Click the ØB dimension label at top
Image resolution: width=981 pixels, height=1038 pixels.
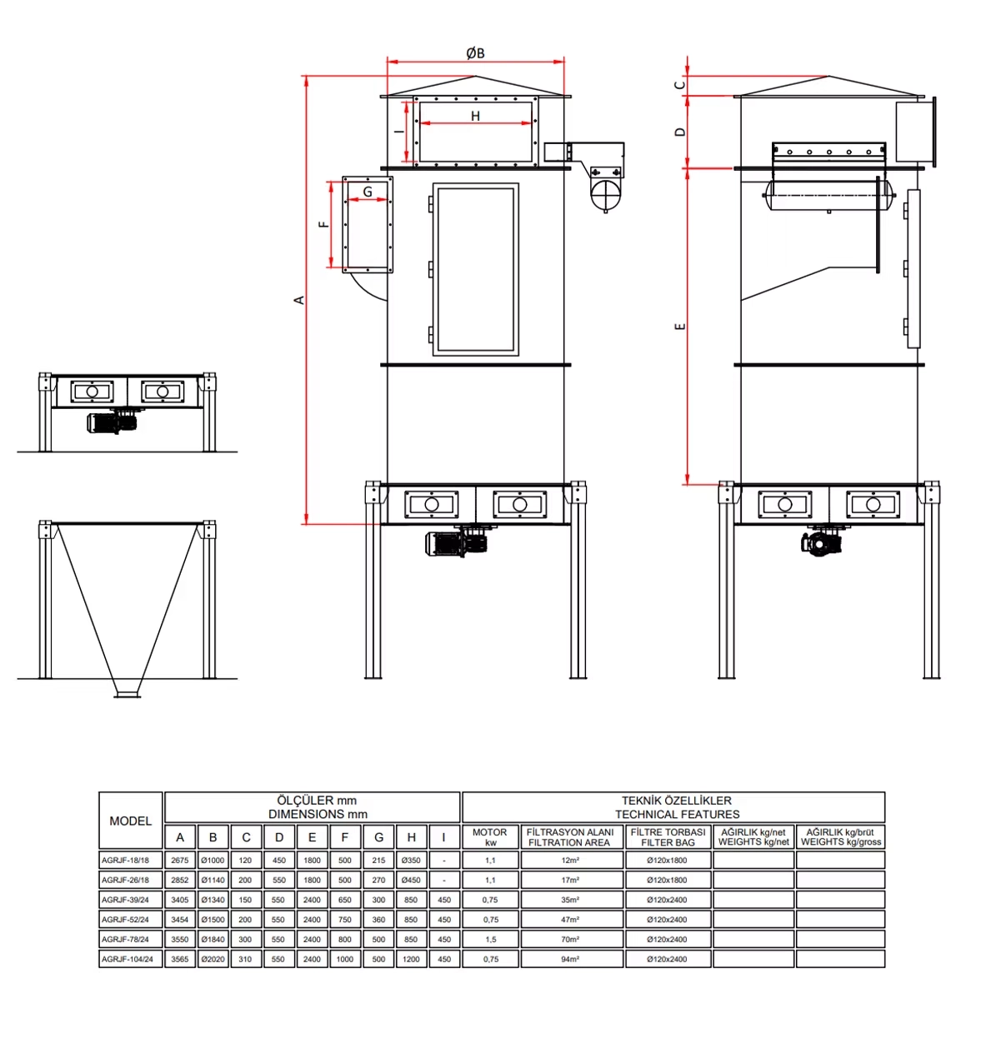(475, 53)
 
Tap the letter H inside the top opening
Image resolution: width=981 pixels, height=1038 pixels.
(475, 116)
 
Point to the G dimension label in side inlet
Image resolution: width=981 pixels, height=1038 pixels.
(368, 192)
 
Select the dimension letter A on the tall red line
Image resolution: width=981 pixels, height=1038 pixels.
(298, 300)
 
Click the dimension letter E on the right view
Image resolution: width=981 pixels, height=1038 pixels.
(680, 327)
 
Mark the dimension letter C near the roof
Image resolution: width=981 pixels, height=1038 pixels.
(680, 85)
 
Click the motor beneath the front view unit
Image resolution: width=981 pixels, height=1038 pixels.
(456, 543)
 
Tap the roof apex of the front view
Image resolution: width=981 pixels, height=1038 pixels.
(475, 77)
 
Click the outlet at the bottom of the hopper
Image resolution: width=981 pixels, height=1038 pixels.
(127, 694)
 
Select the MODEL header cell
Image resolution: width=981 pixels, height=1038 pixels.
(131, 821)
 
